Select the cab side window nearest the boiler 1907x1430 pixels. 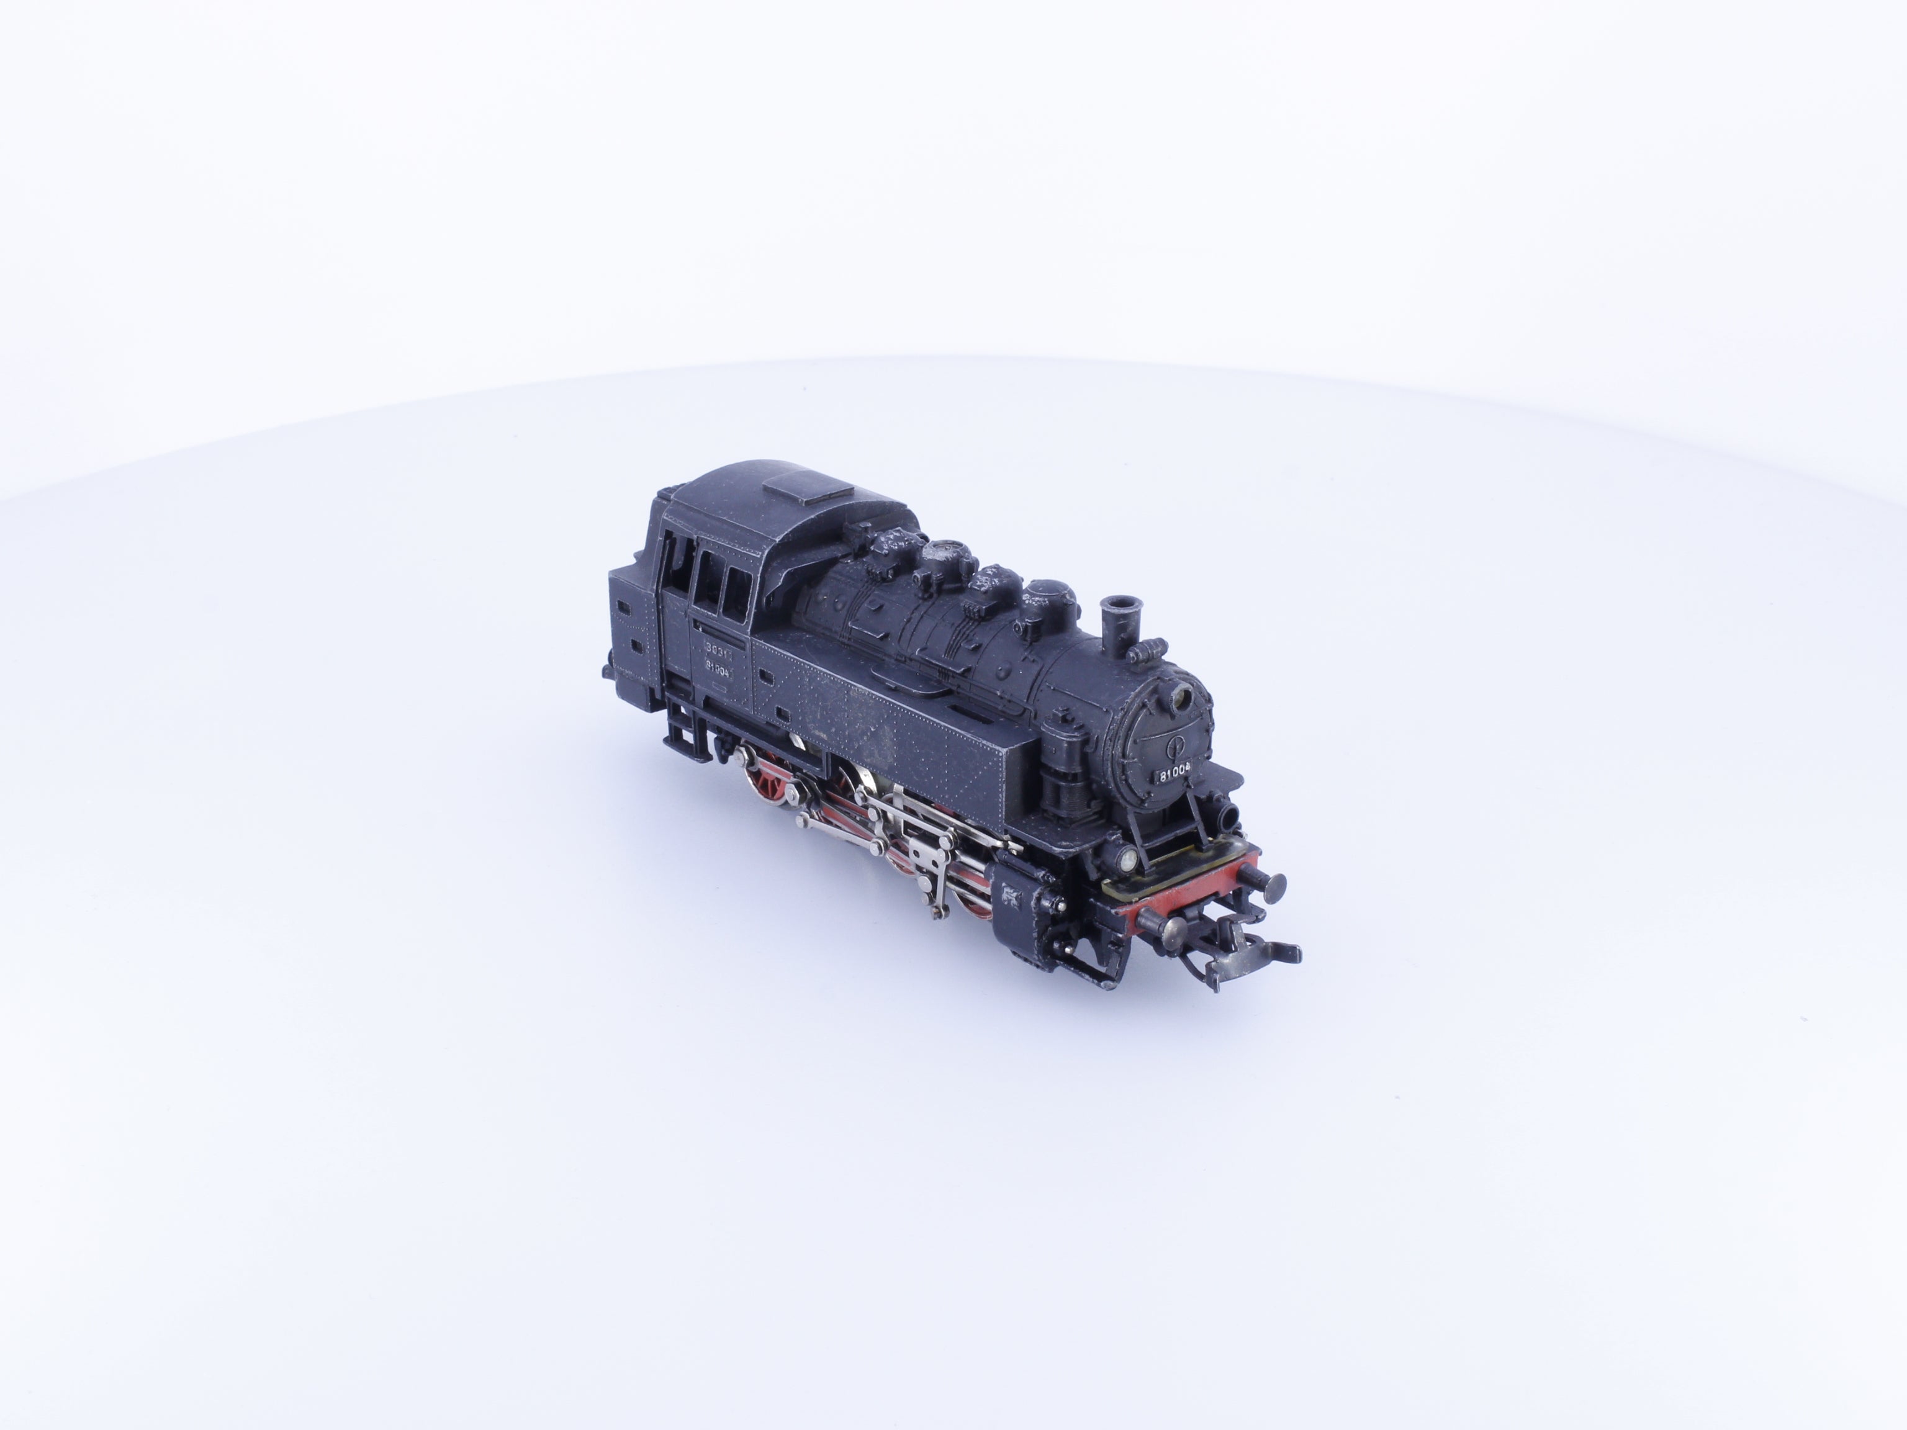tap(736, 592)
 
